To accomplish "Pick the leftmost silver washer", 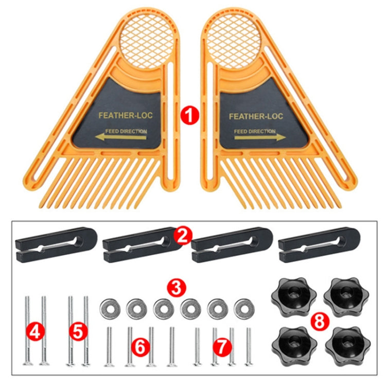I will (109, 308).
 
